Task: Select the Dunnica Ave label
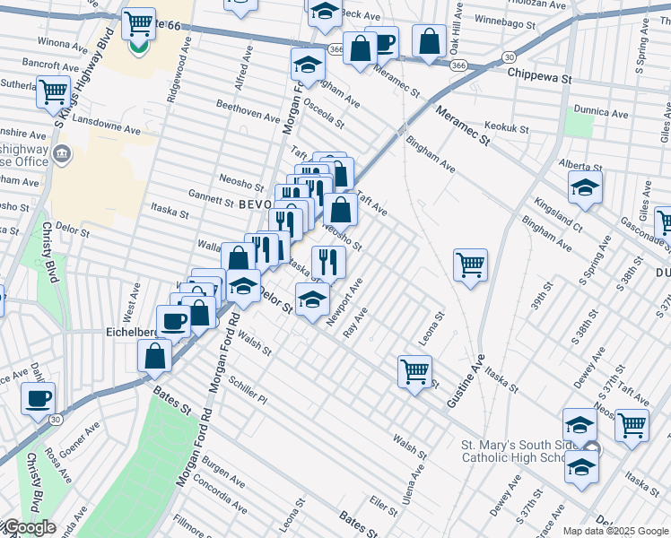click(601, 113)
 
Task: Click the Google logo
click(29, 527)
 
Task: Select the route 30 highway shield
click(56, 420)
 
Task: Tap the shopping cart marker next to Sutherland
click(53, 91)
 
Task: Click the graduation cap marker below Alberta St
click(584, 187)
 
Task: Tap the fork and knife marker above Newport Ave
click(328, 262)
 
